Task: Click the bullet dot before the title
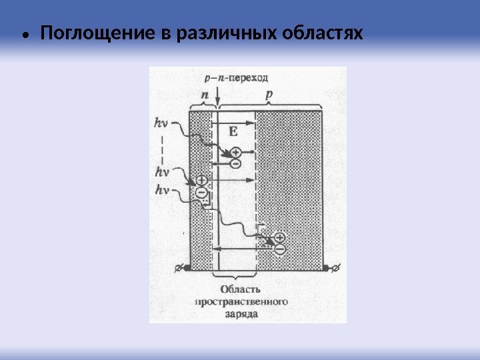point(25,34)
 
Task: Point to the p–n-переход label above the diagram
point(232,77)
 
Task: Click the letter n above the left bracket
point(205,95)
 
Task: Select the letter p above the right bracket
point(269,95)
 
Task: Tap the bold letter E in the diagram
point(233,132)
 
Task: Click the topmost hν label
point(161,123)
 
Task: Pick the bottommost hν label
point(161,191)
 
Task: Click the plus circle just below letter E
point(236,153)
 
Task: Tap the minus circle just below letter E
point(236,163)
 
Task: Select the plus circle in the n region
point(201,180)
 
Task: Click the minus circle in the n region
point(201,192)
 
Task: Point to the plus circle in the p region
point(279,237)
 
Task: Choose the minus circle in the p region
point(279,249)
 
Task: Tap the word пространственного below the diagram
point(241,301)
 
